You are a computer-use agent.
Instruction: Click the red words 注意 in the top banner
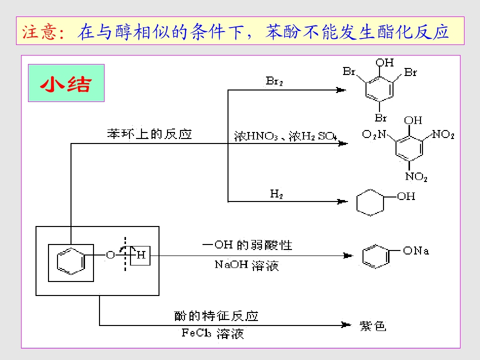39,31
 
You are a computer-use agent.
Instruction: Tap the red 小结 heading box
66,83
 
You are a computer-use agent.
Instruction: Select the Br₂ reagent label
274,81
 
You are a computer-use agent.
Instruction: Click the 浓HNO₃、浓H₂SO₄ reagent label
285,136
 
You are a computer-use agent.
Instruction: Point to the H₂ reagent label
276,194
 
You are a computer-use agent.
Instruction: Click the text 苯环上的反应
149,134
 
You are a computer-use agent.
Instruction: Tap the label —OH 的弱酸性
247,245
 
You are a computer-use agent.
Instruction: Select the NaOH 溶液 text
246,265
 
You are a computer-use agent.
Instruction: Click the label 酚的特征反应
216,316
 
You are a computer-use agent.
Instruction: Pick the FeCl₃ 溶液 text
213,333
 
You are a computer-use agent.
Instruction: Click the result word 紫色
372,326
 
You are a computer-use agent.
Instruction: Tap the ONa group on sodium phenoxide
415,250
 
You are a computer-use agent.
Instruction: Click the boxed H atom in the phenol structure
140,255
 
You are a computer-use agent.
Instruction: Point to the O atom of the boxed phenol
110,255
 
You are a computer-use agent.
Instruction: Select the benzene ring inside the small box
71,261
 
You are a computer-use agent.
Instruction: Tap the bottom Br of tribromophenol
381,118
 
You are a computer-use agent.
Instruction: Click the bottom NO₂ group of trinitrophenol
416,176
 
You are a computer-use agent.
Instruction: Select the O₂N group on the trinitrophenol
374,134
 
